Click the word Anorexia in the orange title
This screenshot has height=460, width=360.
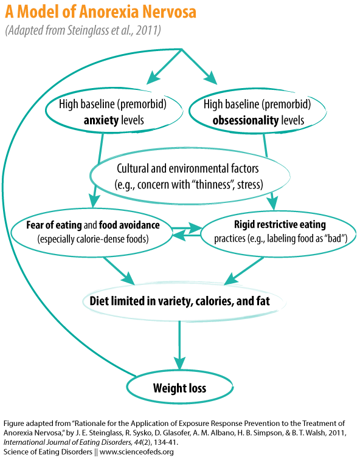click(109, 12)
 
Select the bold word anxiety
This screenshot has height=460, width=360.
click(102, 120)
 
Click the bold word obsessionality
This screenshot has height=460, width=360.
click(246, 120)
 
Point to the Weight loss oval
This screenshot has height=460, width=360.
click(180, 388)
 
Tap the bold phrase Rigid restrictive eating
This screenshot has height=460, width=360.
click(280, 224)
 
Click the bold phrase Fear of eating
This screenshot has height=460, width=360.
click(54, 225)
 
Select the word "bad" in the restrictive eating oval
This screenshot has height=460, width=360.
click(334, 238)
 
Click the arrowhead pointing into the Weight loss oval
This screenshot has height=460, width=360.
click(179, 363)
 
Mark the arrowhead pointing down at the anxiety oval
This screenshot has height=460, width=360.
click(153, 77)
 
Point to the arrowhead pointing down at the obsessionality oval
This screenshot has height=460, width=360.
click(211, 78)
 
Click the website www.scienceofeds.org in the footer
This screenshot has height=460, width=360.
click(137, 451)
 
